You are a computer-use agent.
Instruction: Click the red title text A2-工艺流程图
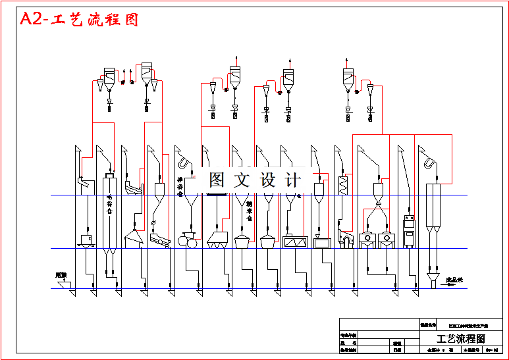pyautogui.click(x=80, y=19)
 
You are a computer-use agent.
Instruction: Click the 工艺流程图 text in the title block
pyautogui.click(x=460, y=339)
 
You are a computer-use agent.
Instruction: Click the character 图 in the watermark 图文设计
pyautogui.click(x=217, y=180)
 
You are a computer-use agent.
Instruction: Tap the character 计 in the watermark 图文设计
pyautogui.click(x=294, y=180)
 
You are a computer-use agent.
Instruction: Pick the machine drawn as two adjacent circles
pyautogui.click(x=187, y=242)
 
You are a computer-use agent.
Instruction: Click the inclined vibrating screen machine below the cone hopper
pyautogui.click(x=158, y=241)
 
